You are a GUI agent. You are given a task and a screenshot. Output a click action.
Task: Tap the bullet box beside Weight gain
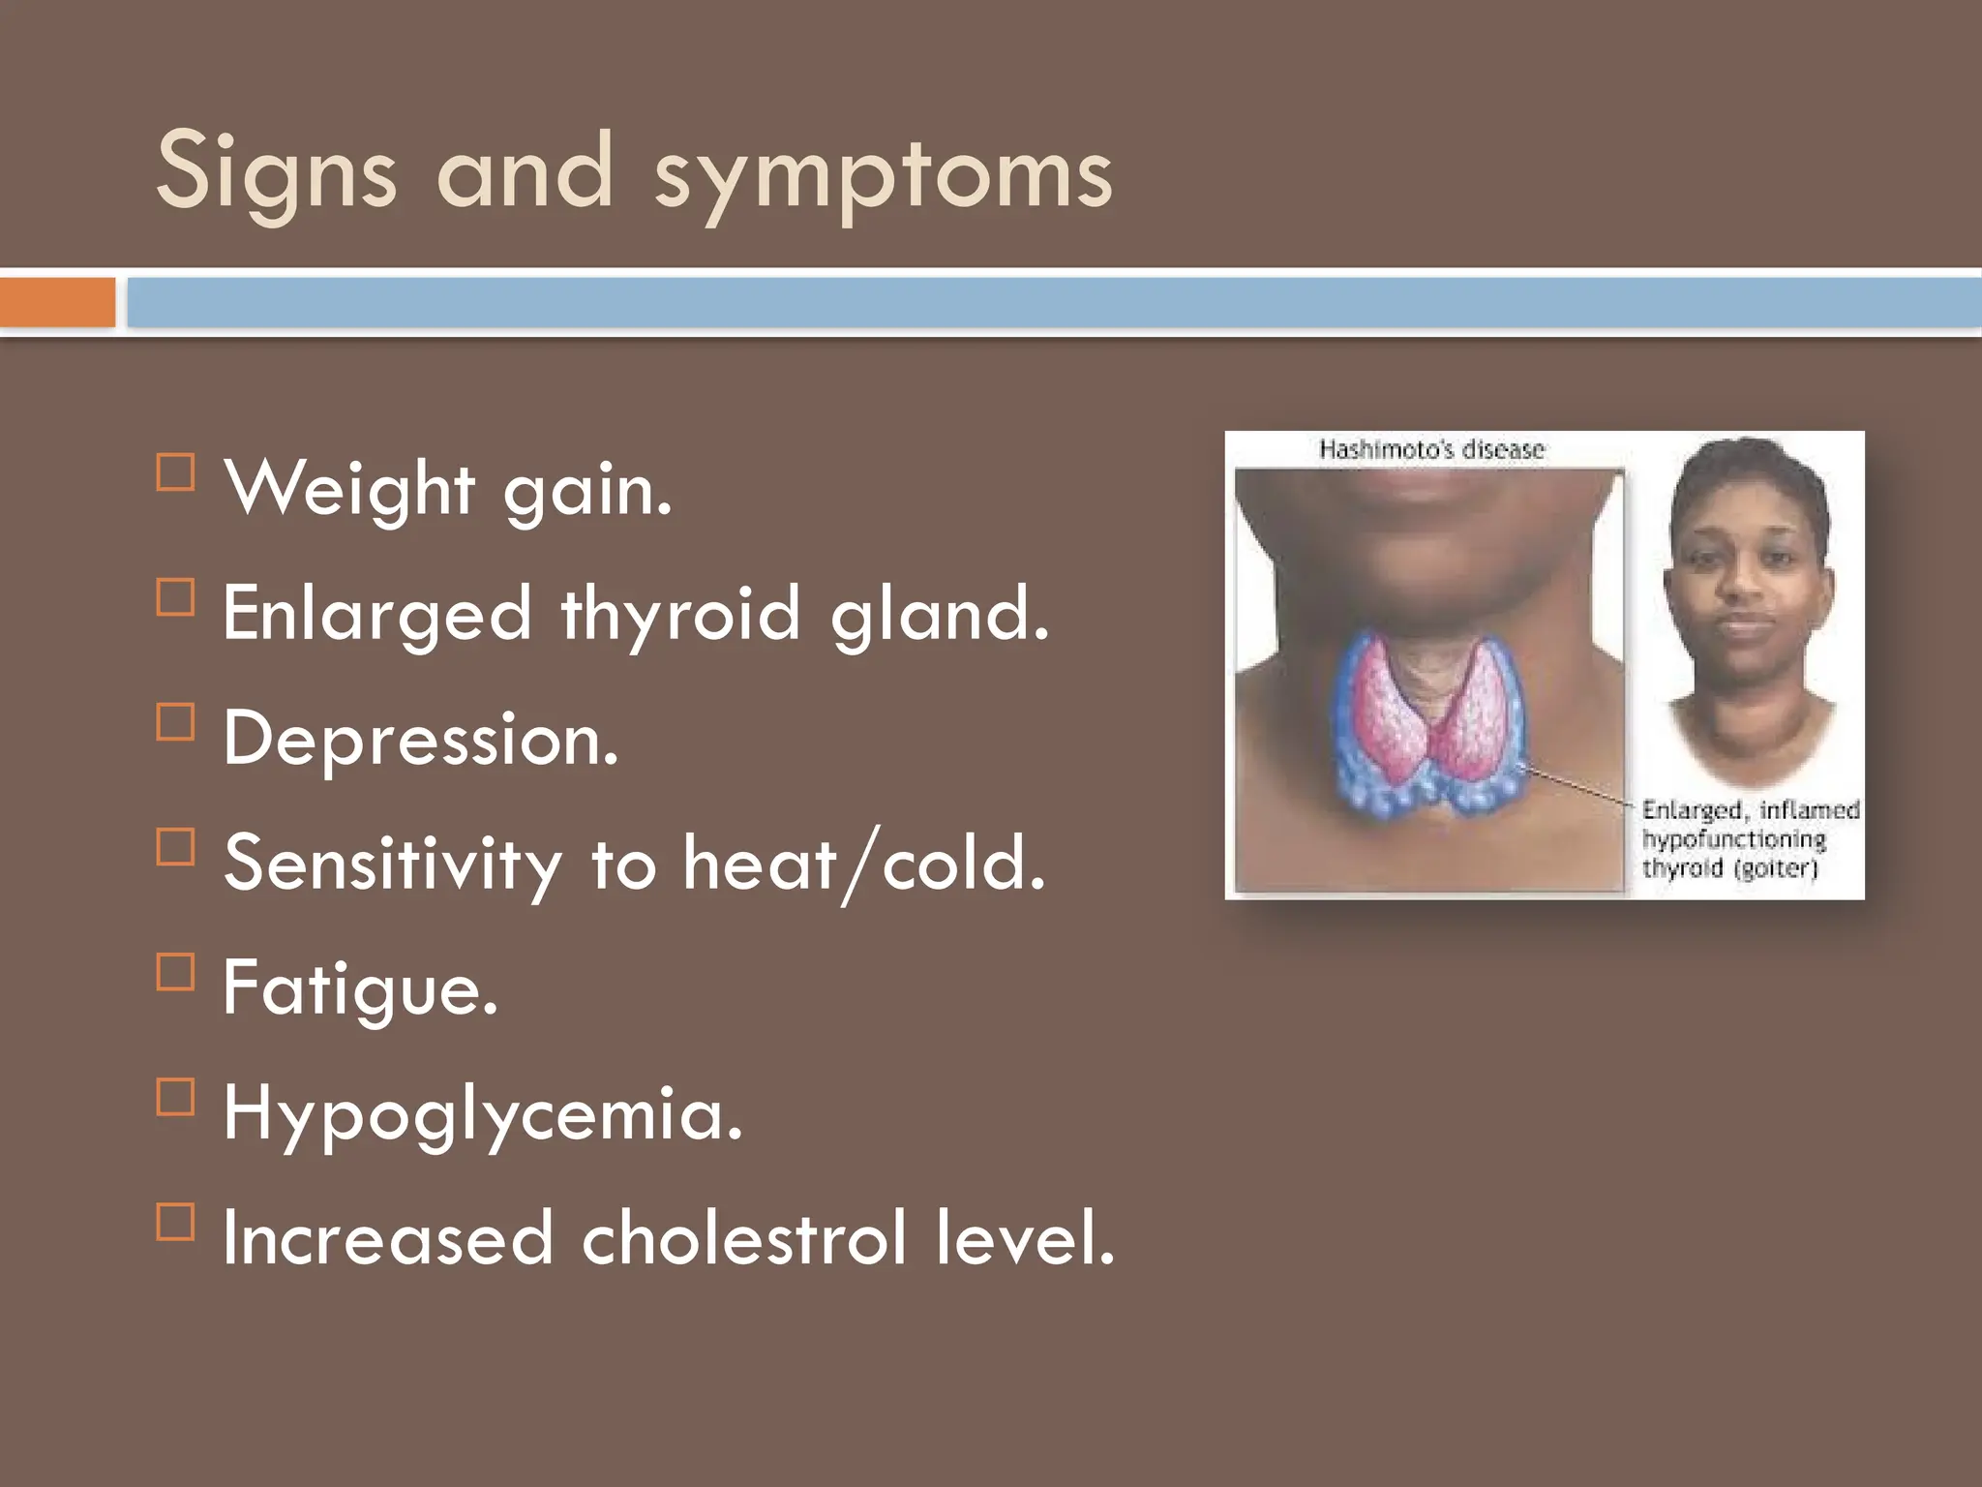175,473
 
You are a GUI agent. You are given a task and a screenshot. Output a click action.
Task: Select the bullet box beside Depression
175,722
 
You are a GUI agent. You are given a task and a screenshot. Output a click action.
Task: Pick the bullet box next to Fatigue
175,972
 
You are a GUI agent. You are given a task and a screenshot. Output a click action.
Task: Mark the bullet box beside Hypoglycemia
175,1097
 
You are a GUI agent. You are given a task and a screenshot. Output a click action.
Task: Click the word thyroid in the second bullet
680,616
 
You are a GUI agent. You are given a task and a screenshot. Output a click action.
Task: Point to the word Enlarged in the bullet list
376,616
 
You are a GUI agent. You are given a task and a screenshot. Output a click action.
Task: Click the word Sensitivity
392,864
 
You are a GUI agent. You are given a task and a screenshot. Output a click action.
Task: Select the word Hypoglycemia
482,1115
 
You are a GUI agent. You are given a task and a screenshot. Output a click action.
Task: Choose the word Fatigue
359,990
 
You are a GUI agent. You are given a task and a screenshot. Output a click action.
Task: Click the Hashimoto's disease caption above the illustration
1431,450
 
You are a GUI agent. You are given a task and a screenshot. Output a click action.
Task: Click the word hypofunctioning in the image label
1733,838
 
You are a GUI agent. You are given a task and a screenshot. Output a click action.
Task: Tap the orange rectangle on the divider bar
57,302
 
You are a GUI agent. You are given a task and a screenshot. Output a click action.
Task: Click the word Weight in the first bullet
349,490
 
